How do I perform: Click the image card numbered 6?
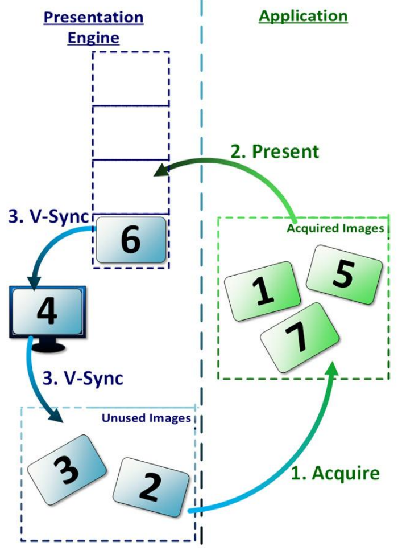coord(130,240)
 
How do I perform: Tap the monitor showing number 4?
coord(47,312)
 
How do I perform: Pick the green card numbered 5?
coord(343,275)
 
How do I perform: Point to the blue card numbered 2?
coord(151,486)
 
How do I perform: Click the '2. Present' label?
coord(275,151)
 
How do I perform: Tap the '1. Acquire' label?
coord(335,473)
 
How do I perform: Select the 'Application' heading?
coord(303,16)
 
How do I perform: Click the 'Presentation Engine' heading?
coord(94,27)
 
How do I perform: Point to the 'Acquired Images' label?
coord(335,229)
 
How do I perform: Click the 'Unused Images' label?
coord(146,418)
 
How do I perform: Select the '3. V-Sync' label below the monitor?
coord(83,378)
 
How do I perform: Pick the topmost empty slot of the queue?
coord(131,78)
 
